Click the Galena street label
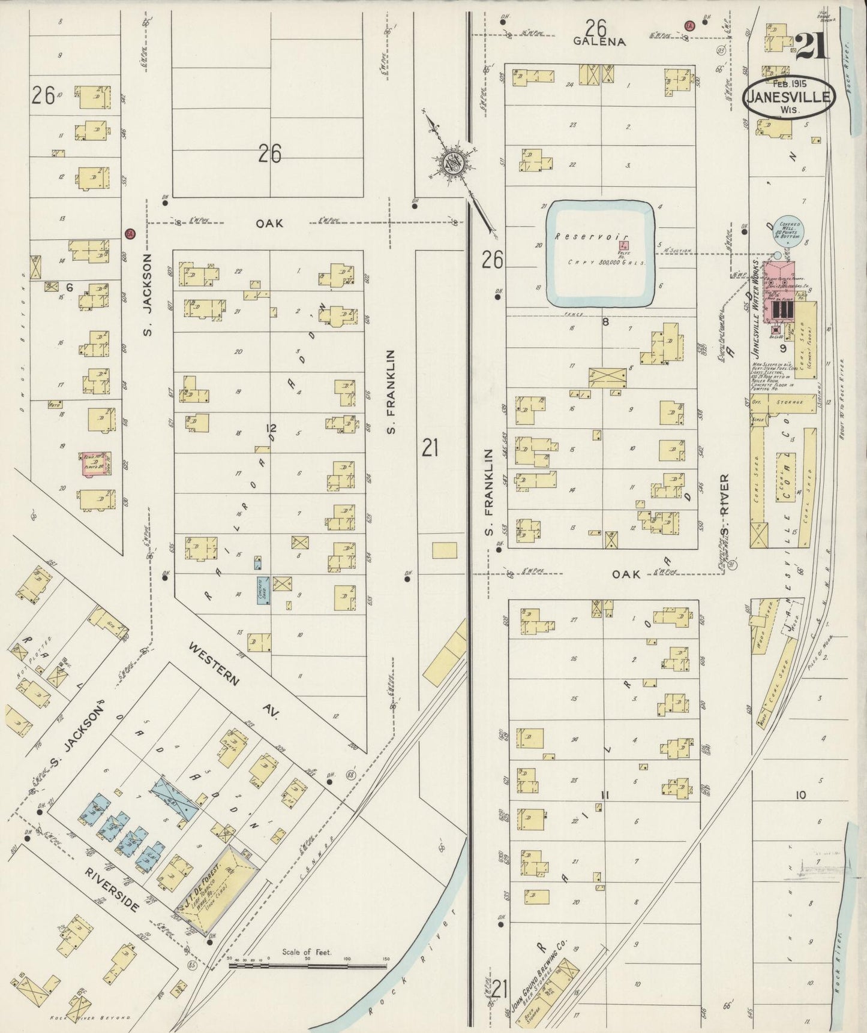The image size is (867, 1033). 599,41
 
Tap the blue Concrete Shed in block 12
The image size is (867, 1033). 262,591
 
